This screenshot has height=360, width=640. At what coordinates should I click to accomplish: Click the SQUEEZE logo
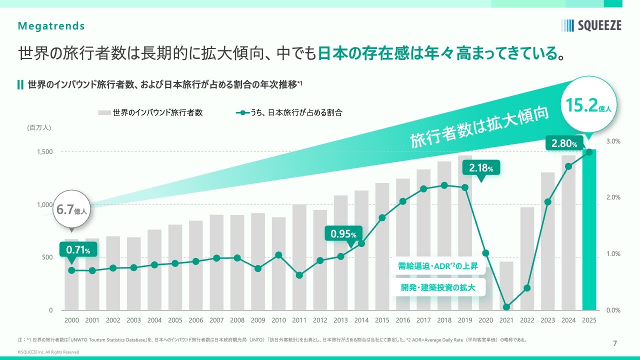point(591,25)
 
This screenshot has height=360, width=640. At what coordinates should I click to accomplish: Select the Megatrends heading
point(51,26)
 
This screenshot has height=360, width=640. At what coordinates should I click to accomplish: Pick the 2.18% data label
point(480,168)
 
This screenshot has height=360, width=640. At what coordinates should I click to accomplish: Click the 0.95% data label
point(343,234)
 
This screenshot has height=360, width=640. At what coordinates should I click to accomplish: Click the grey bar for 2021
point(506,285)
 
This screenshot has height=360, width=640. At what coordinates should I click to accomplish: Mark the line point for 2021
point(506,307)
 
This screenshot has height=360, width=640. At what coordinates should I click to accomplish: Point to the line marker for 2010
point(278,255)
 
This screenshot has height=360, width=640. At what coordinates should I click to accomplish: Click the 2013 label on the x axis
point(341,320)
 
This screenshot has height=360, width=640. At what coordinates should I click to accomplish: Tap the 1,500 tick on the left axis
point(45,151)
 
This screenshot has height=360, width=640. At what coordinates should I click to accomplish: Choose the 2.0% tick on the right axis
point(613,197)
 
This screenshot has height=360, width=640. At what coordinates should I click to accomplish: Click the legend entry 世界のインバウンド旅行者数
point(150,113)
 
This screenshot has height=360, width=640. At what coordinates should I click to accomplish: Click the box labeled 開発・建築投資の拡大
point(437,287)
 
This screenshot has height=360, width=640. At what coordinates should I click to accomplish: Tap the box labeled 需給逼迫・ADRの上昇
point(437,266)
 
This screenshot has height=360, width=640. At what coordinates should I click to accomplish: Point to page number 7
point(615,343)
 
